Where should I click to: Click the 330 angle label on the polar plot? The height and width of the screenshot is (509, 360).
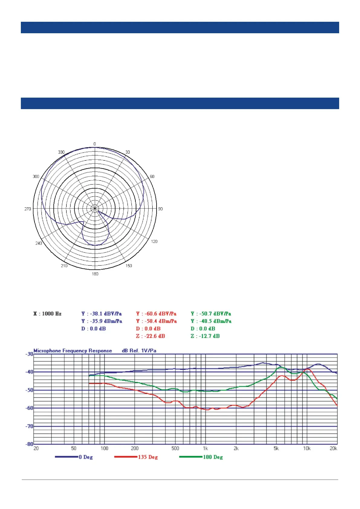point(61,152)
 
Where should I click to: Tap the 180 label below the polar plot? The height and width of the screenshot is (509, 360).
point(95,274)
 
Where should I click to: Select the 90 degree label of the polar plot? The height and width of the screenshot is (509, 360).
point(160,209)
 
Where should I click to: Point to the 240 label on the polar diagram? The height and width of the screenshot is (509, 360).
point(39,243)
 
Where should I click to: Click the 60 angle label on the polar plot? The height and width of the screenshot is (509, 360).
point(152,176)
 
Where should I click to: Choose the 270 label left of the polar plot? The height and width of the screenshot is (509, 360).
point(28,209)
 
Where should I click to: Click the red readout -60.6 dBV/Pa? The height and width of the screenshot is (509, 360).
point(161,313)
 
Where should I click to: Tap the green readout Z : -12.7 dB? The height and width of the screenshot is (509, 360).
point(205,336)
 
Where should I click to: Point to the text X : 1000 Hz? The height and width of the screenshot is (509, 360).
point(47,313)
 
